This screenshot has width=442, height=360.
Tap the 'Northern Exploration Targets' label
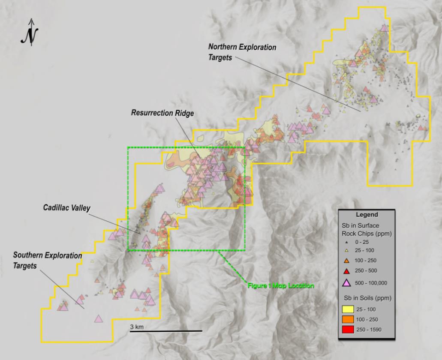click(242, 52)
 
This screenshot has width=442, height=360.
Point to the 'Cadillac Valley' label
click(66, 207)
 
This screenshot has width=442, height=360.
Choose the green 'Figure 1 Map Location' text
click(280, 285)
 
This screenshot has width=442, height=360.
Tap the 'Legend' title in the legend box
click(367, 215)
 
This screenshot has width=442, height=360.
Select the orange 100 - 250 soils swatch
click(348, 319)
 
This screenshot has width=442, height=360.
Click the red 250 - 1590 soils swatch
click(348, 330)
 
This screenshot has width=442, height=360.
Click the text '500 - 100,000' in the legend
click(372, 282)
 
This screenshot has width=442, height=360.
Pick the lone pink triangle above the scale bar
click(99, 318)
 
